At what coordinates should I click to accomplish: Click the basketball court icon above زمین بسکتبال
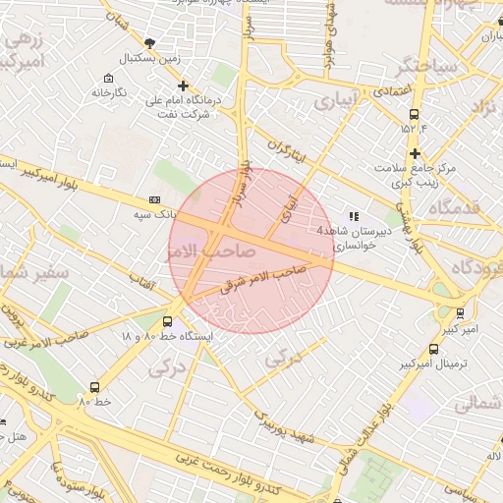(149, 42)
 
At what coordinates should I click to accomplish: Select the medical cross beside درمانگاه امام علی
(183, 85)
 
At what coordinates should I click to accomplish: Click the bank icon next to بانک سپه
(152, 198)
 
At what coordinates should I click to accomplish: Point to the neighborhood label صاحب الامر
(218, 252)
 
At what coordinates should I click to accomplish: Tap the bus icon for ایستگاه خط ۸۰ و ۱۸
(167, 320)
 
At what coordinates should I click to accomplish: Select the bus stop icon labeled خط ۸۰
(94, 387)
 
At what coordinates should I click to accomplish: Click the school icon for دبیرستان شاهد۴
(353, 216)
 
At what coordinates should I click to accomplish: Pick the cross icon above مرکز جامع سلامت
(416, 152)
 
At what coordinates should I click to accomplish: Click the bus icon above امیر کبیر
(461, 314)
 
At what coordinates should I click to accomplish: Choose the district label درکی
(166, 369)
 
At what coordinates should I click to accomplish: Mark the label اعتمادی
(390, 90)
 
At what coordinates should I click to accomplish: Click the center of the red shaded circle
(251, 251)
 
